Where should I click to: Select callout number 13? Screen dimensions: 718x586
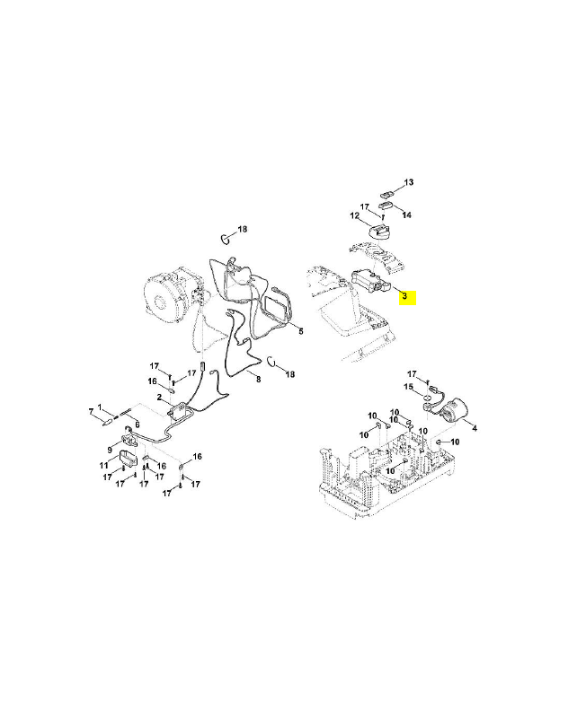coord(408,183)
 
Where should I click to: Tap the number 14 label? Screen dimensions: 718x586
coord(407,215)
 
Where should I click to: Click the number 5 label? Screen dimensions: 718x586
coord(301,331)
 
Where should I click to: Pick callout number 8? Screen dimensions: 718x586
coord(259,380)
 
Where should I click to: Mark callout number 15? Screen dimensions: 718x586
coord(407,387)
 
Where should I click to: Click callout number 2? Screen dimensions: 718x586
coord(158,396)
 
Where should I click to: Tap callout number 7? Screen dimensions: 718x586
coord(90,410)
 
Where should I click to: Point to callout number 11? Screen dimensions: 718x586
coord(103,466)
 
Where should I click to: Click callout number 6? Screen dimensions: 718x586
coord(138,424)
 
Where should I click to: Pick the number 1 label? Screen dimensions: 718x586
coord(101,407)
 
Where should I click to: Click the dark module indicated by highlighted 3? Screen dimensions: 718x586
coord(368,281)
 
